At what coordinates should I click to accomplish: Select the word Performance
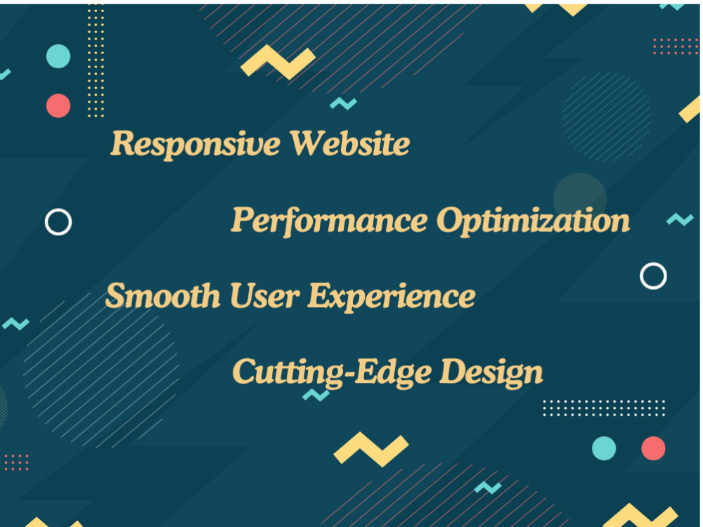click(329, 221)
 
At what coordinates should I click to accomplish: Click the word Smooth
click(162, 296)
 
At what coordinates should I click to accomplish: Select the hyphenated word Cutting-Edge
click(330, 372)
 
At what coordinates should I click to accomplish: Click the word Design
click(491, 372)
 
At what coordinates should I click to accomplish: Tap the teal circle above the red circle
click(58, 56)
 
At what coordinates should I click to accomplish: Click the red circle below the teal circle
click(58, 105)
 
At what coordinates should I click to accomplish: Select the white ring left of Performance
click(58, 222)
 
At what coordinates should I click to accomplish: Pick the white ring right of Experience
click(653, 276)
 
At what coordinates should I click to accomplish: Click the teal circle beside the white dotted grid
click(604, 448)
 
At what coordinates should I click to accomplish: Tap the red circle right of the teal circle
click(653, 448)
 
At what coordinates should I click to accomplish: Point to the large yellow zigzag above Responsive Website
click(278, 63)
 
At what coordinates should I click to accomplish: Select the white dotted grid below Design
click(604, 408)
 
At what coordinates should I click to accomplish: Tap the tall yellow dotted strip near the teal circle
click(96, 60)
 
